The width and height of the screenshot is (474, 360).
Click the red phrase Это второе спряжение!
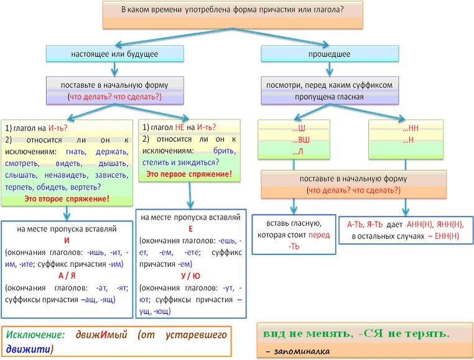67,198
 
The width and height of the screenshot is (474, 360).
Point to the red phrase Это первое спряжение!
189,173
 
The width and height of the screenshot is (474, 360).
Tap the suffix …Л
297,152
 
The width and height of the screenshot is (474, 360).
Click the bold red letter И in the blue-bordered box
67,241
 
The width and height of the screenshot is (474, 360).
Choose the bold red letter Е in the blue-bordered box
190,229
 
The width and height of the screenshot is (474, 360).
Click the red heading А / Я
67,276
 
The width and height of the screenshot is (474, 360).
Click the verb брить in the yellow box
224,150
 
